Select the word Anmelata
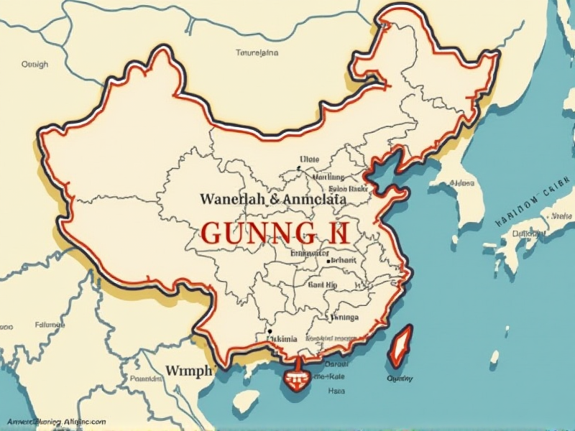pyautogui.click(x=314, y=198)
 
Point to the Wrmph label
pyautogui.click(x=189, y=371)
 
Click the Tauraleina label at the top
pyautogui.click(x=257, y=52)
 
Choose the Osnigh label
pyautogui.click(x=34, y=64)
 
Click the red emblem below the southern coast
pyautogui.click(x=295, y=376)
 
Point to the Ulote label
pyautogui.click(x=309, y=160)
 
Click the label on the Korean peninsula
pyautogui.click(x=461, y=183)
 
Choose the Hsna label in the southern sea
pyautogui.click(x=336, y=391)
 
